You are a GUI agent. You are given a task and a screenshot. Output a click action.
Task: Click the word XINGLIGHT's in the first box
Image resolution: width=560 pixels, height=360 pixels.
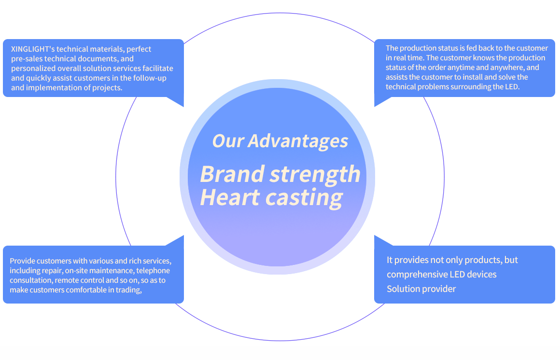33,49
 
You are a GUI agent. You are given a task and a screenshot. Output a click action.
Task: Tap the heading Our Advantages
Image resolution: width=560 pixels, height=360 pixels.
280,141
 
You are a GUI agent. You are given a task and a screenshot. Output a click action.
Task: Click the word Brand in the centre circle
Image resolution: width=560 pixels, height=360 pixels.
232,174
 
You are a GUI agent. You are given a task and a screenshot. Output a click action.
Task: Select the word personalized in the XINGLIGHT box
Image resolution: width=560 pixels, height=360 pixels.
33,69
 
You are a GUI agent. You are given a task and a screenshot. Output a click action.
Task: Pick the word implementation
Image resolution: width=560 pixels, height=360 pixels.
54,88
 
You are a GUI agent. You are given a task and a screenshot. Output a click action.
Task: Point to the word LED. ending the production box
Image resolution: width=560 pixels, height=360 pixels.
512,87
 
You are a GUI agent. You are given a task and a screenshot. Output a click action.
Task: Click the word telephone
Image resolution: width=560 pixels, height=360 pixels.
153,271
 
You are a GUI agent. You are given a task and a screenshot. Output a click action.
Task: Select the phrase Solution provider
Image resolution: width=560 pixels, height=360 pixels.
421,289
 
